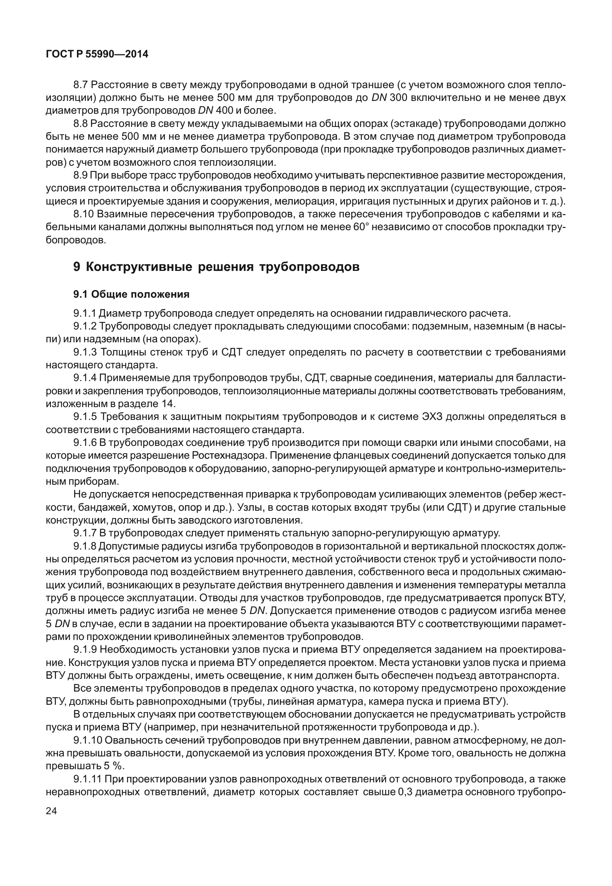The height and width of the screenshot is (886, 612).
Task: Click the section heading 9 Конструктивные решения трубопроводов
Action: [x=216, y=267]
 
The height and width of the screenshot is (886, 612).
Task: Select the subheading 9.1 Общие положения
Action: [x=131, y=294]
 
